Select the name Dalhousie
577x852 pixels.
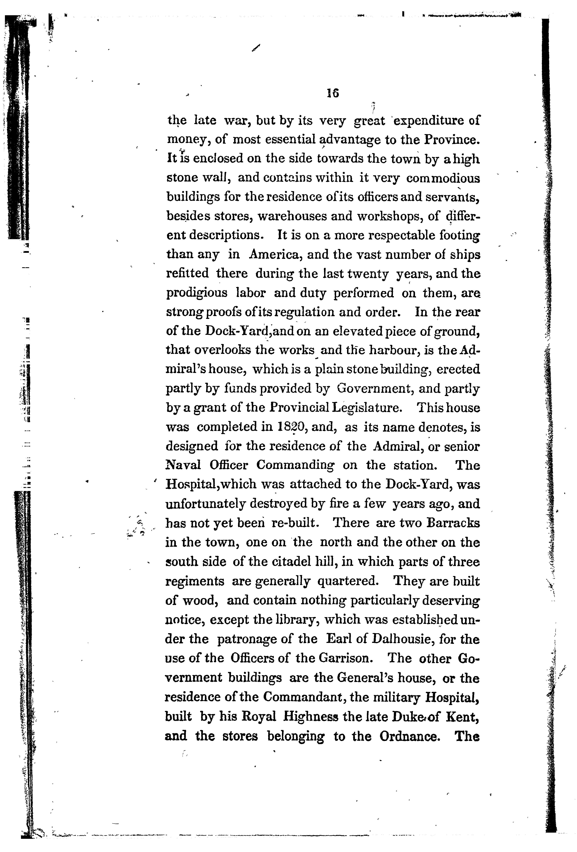tap(402, 639)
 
